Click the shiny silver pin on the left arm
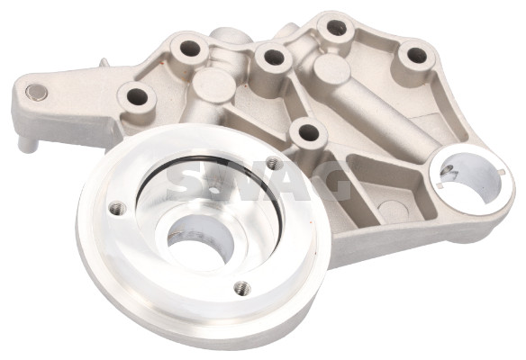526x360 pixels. [x=37, y=91]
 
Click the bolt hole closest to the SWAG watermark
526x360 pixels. [x=308, y=132]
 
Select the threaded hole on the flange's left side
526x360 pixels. [x=113, y=208]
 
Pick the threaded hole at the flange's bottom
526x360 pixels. [x=239, y=288]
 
